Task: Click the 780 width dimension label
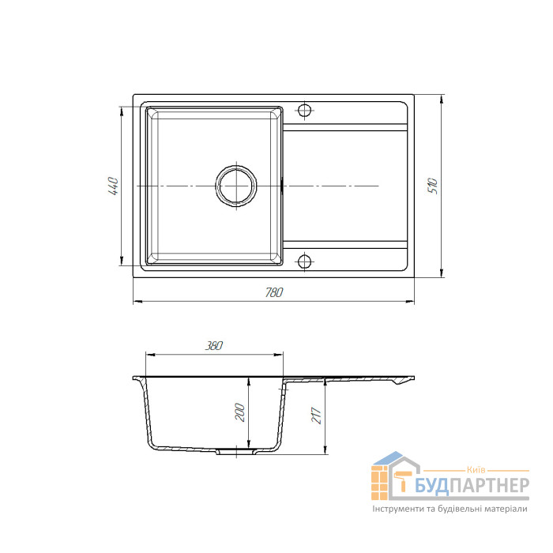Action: click(x=274, y=293)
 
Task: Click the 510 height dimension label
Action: click(x=433, y=186)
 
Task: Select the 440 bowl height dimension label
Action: click(x=114, y=186)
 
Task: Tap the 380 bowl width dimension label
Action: click(x=214, y=346)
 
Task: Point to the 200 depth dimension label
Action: click(x=240, y=412)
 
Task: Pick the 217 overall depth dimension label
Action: click(x=316, y=416)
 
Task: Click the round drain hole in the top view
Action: click(x=236, y=186)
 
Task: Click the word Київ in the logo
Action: click(x=476, y=470)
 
